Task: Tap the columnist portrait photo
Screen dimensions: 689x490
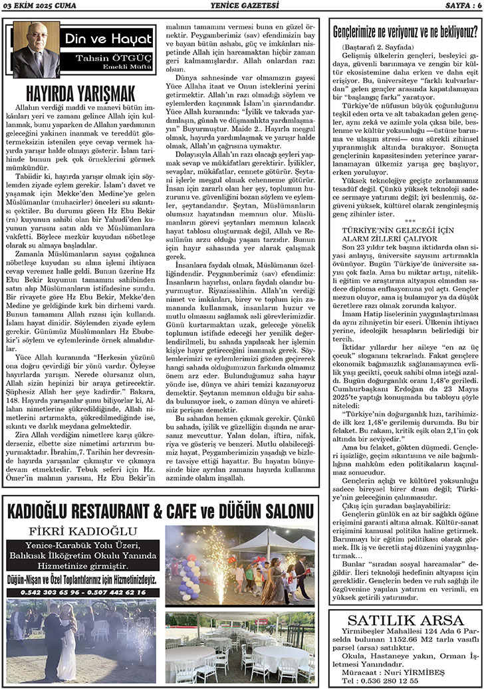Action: point(37,51)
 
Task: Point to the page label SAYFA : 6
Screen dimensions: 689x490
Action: point(461,6)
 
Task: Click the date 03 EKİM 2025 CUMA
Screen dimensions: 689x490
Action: point(42,6)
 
